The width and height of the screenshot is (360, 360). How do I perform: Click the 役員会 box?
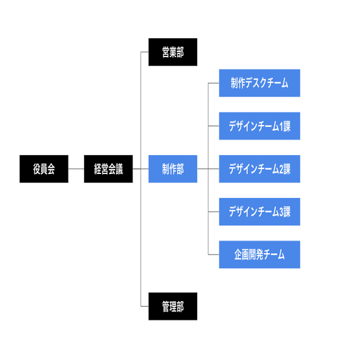[44, 169]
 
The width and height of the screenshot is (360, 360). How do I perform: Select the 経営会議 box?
[108, 169]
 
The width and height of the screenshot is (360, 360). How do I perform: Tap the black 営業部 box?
[173, 52]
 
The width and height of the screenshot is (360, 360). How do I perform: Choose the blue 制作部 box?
[173, 169]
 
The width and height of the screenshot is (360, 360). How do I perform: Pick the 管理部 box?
[173, 306]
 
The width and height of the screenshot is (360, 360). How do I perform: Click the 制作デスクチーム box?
[259, 83]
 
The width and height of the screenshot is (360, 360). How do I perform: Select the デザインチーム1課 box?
[259, 126]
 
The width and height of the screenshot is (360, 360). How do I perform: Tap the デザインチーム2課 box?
[259, 169]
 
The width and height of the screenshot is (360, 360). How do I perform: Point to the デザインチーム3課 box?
[259, 212]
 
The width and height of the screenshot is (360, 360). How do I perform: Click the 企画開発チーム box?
[259, 254]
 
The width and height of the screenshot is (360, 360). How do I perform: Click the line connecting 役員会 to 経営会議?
[76, 169]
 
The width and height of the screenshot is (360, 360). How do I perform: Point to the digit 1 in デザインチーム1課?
[281, 126]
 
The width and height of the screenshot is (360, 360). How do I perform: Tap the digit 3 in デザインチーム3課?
[281, 212]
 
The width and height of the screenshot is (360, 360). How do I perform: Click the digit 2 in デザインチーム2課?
[281, 169]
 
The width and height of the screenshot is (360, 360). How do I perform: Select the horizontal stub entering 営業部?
[145, 52]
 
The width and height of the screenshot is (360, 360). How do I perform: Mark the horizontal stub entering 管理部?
[145, 306]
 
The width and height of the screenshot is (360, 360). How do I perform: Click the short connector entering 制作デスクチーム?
[214, 83]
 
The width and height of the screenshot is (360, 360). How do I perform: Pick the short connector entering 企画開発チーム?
[214, 254]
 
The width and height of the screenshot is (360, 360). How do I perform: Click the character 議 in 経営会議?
[119, 169]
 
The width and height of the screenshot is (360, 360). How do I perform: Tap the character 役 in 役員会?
[36, 169]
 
